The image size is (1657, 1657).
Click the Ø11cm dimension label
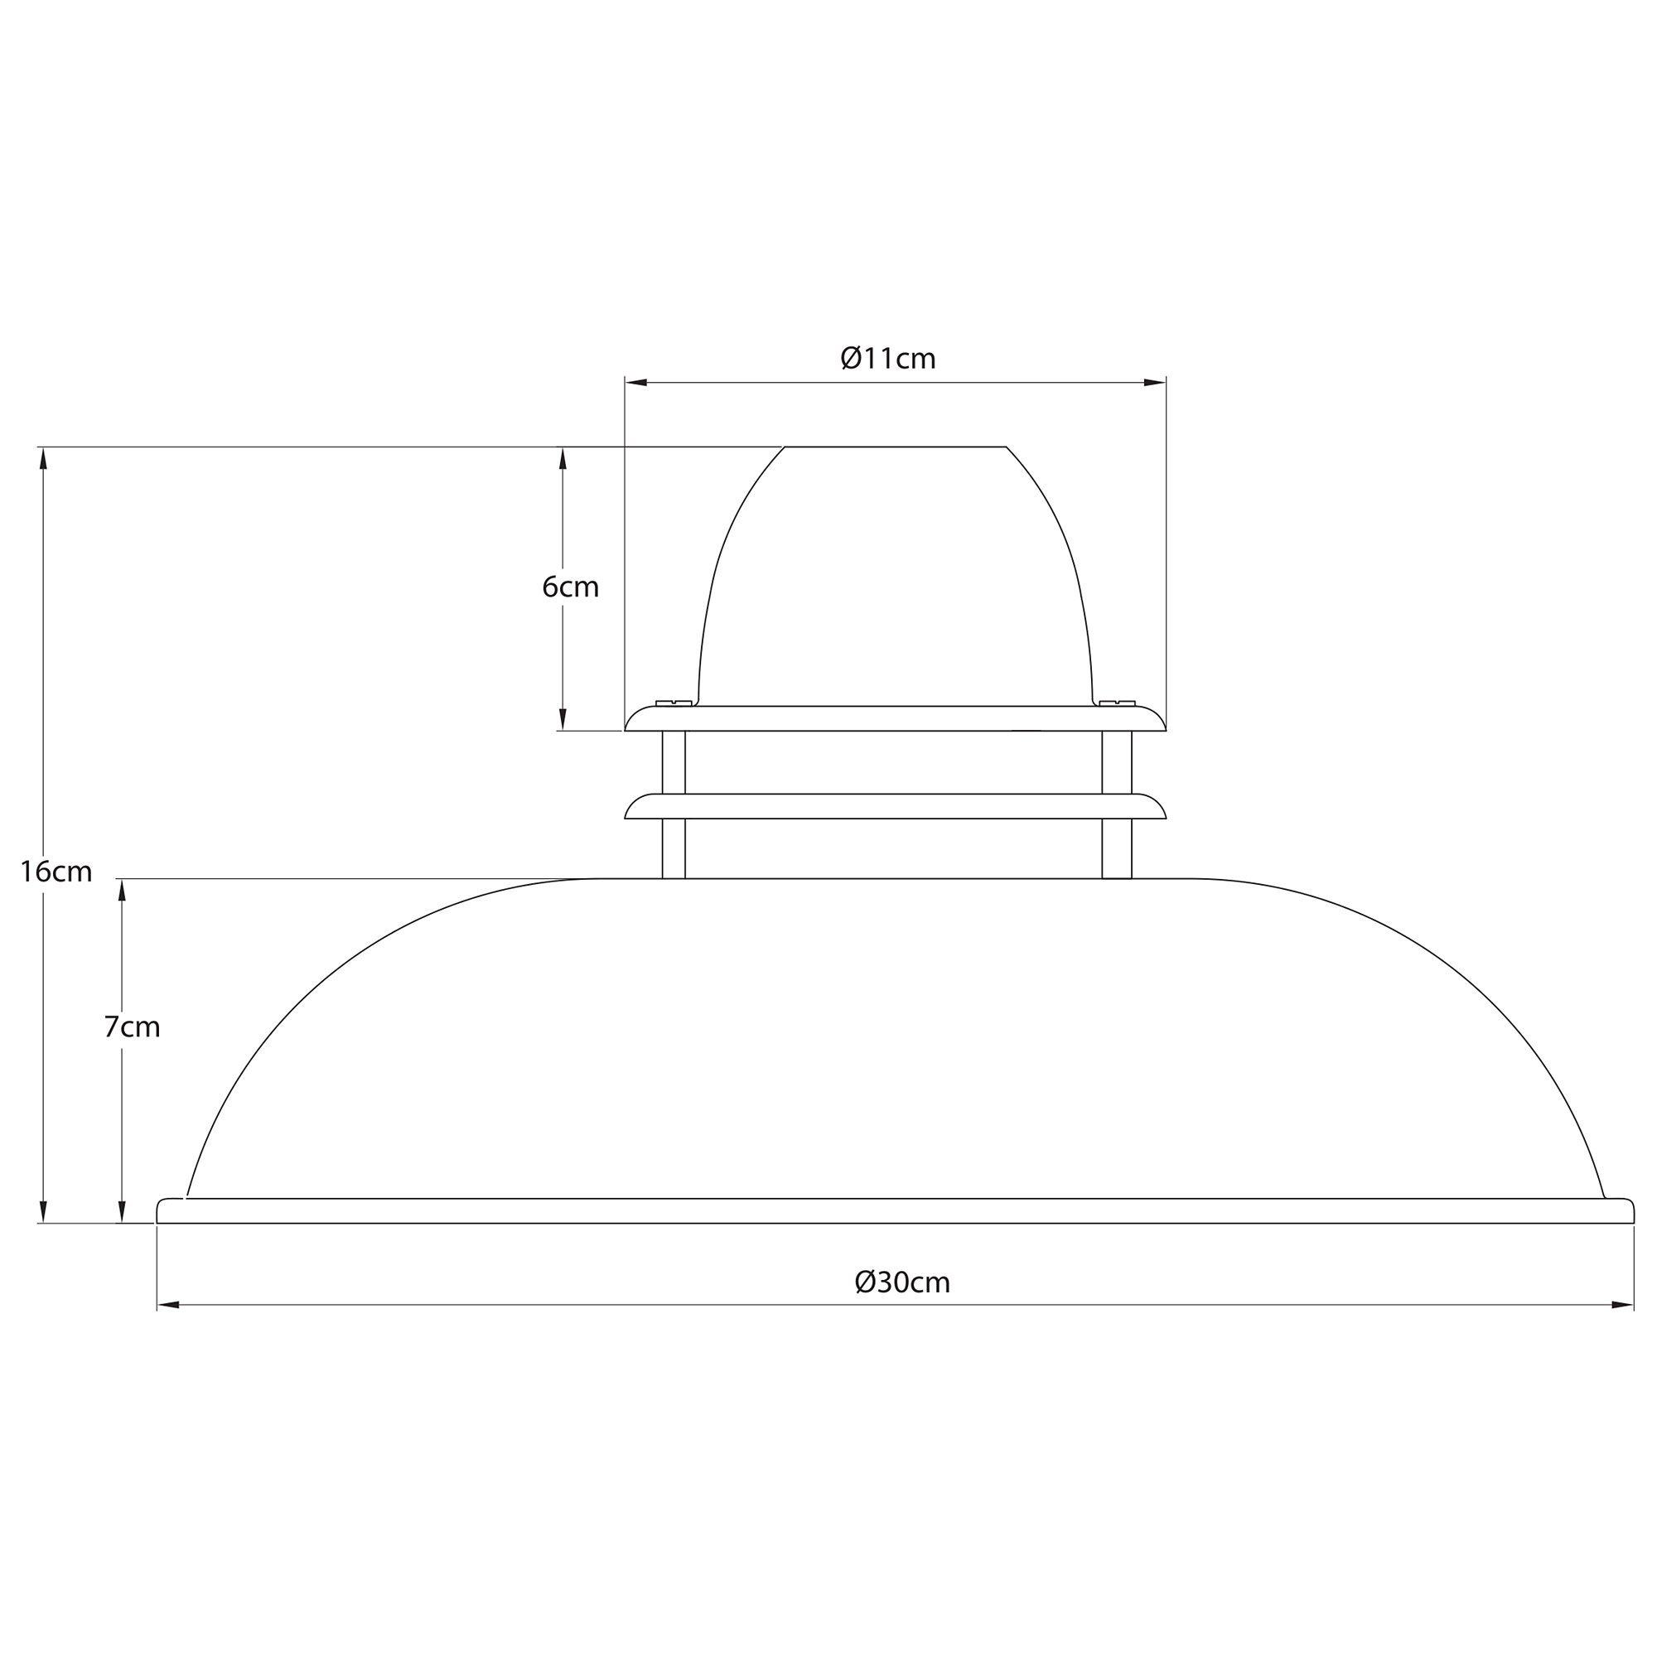[887, 359]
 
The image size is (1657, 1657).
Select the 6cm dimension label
[570, 587]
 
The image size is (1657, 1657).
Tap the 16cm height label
[56, 872]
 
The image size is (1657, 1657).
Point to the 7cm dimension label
[132, 1027]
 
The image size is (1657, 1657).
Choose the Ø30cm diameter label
[903, 1283]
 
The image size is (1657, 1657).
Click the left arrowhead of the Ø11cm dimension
[635, 383]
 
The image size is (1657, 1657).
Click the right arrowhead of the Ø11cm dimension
[1155, 383]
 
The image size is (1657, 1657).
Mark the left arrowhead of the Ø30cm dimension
[168, 1306]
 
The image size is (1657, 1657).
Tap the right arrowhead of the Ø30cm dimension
[1623, 1306]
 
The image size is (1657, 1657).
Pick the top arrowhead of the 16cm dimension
[42, 459]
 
